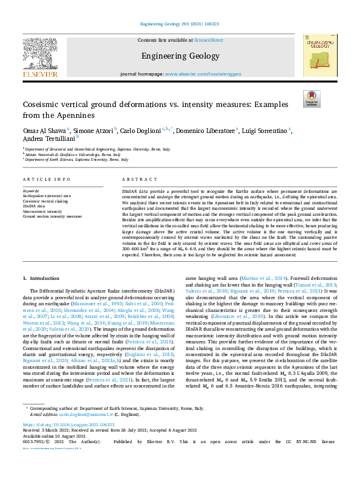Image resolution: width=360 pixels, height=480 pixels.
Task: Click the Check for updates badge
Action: pyautogui.click(x=312, y=98)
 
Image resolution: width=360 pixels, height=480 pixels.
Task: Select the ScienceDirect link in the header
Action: pyautogui.click(x=208, y=39)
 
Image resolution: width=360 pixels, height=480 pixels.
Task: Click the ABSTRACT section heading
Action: pyautogui.click(x=136, y=180)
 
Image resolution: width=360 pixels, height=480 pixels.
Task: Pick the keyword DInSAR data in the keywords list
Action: pyautogui.click(x=33, y=206)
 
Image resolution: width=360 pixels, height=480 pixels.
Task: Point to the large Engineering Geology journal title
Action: pyautogui.click(x=180, y=56)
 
